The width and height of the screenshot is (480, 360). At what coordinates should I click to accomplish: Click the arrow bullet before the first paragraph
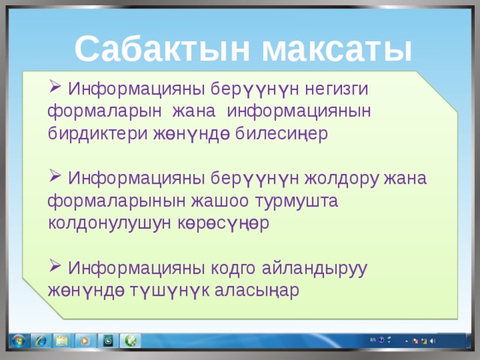[x=55, y=87]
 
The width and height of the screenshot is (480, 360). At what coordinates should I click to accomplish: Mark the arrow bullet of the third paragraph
[x=55, y=267]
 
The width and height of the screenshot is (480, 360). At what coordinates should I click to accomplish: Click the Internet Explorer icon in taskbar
[x=40, y=341]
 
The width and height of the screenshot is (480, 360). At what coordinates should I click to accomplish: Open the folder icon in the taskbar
[x=62, y=341]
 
